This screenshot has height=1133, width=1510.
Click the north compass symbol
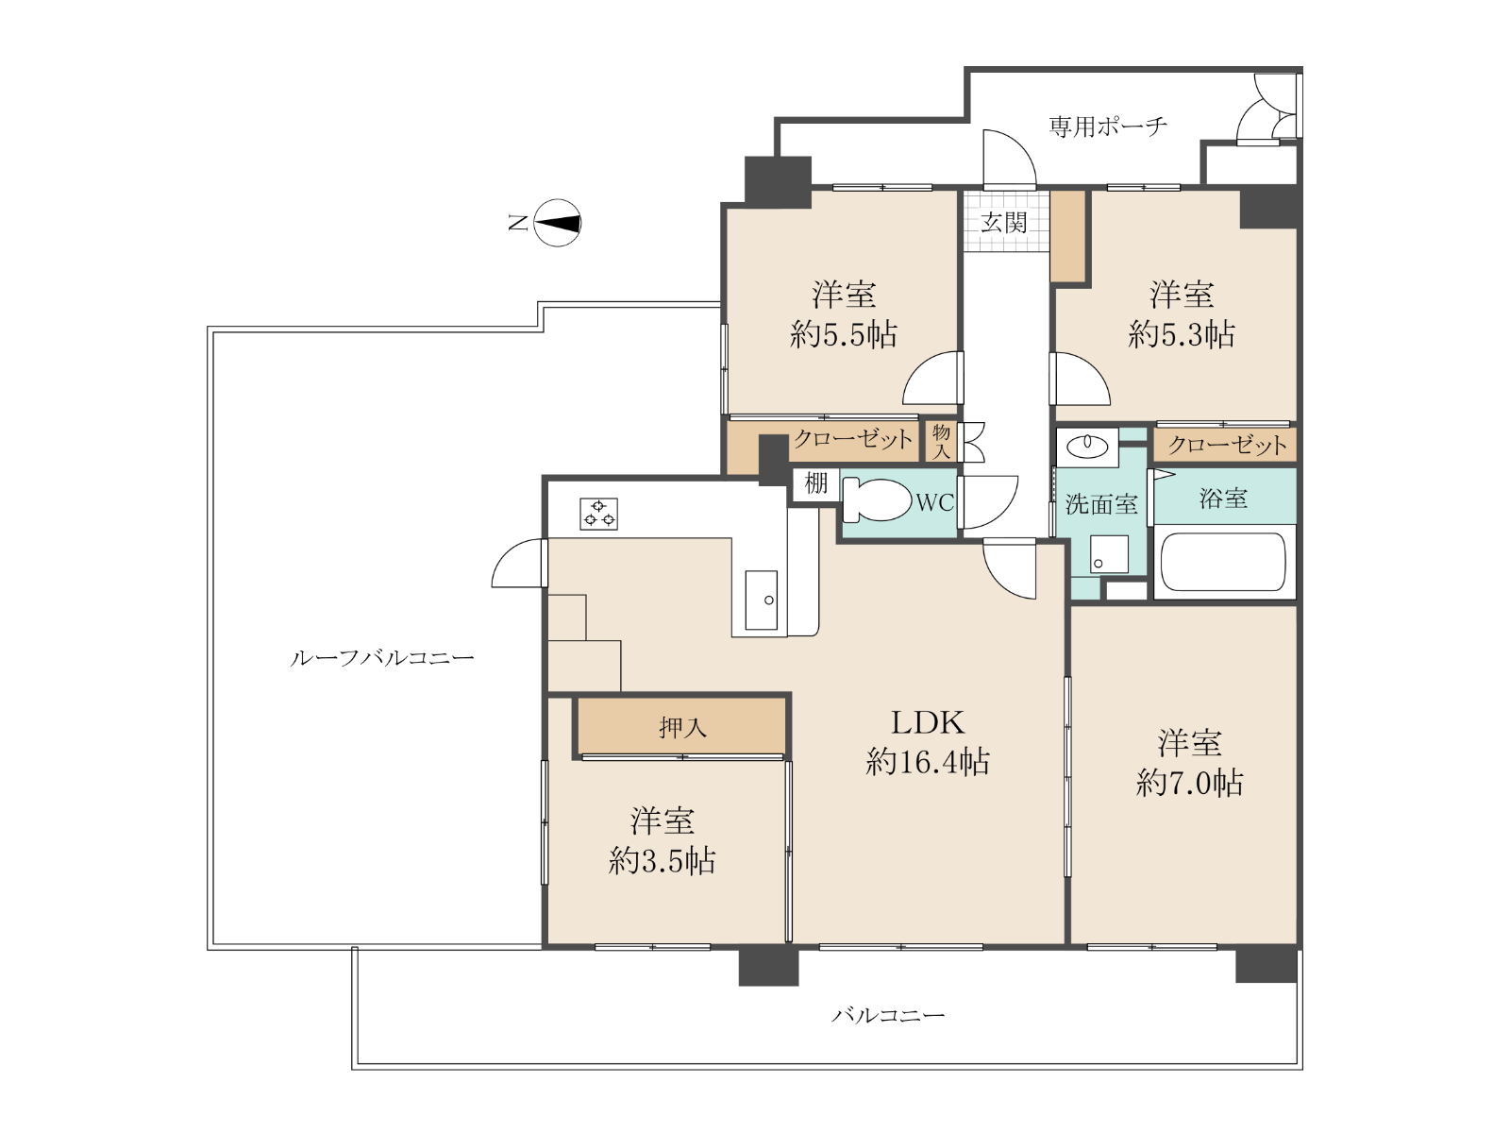[557, 223]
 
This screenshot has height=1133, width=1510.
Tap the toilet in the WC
[876, 499]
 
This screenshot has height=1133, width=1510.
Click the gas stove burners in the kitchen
[598, 514]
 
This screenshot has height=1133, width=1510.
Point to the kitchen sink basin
[761, 600]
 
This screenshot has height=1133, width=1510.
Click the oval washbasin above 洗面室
[1086, 447]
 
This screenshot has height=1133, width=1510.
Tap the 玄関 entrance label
[1004, 222]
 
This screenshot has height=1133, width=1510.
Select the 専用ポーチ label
[1108, 127]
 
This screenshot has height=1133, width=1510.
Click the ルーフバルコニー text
[382, 658]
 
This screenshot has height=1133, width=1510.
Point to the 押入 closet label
[682, 727]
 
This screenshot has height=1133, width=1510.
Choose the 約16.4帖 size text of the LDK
[928, 762]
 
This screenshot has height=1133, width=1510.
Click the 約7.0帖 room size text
[1189, 782]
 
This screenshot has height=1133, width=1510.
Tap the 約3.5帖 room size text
[662, 860]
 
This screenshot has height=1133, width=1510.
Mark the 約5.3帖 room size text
[1182, 335]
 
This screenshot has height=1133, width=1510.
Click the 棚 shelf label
[816, 482]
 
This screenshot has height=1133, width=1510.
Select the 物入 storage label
[941, 442]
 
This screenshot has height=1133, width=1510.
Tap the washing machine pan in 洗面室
[1109, 554]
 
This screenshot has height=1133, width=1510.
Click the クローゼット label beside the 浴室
[1227, 445]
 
